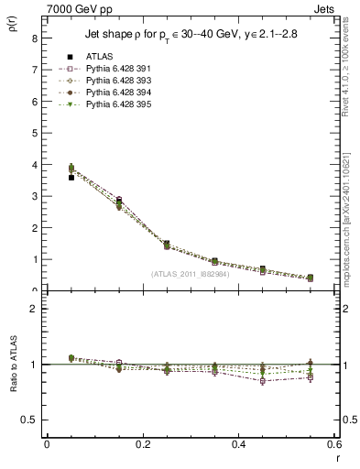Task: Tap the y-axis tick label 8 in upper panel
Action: [34, 38]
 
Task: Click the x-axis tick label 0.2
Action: [143, 444]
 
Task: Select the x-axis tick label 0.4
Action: [239, 444]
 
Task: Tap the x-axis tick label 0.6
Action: [333, 444]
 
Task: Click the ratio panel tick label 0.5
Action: [29, 420]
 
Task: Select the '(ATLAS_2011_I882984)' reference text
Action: [191, 273]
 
